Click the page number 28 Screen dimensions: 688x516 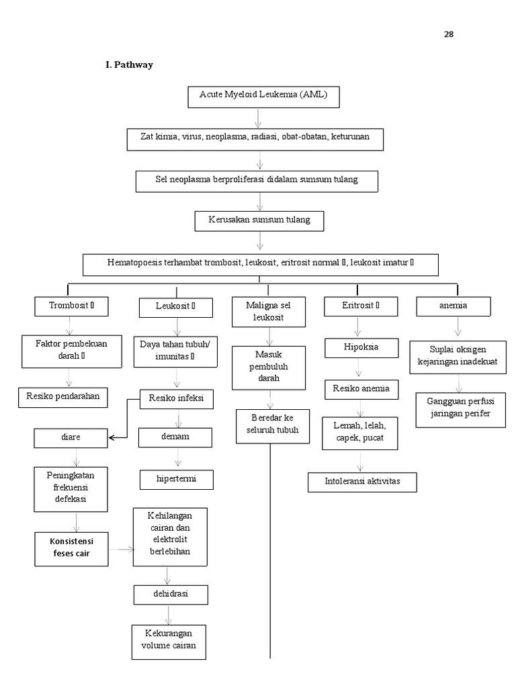click(x=448, y=34)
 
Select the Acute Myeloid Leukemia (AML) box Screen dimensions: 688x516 click(x=263, y=95)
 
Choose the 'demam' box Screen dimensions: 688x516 click(x=175, y=437)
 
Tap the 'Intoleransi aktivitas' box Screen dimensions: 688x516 click(x=362, y=482)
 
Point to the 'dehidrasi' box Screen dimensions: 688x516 click(x=170, y=595)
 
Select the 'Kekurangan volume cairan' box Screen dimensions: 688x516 click(x=168, y=642)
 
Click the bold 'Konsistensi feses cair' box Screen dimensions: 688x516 click(x=71, y=548)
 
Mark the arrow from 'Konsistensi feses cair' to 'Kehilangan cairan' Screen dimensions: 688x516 click(x=121, y=549)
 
